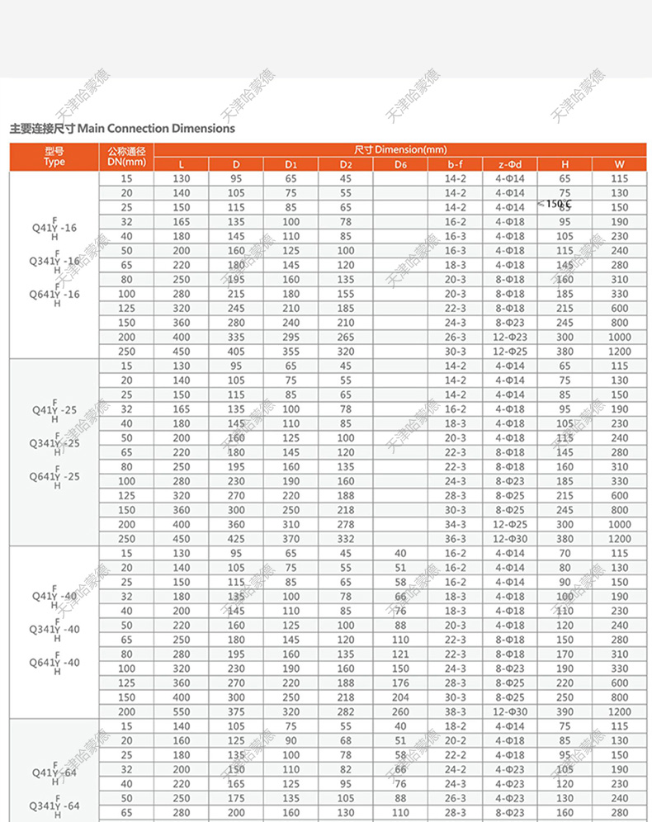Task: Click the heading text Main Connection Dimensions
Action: click(x=121, y=128)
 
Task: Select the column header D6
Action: click(x=400, y=164)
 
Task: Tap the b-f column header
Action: click(x=456, y=164)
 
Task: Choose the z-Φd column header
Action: click(x=510, y=164)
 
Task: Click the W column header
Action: click(x=619, y=164)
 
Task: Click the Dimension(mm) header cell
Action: click(x=400, y=149)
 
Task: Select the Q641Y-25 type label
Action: click(x=54, y=476)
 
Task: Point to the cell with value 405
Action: click(x=236, y=352)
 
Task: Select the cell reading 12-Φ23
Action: click(x=510, y=337)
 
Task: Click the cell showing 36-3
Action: click(x=456, y=539)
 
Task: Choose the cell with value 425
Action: click(x=236, y=539)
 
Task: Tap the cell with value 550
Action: click(x=181, y=711)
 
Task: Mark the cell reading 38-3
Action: click(x=456, y=711)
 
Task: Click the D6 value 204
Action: click(x=400, y=697)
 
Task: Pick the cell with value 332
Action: click(x=346, y=539)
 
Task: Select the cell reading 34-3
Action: click(x=456, y=524)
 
